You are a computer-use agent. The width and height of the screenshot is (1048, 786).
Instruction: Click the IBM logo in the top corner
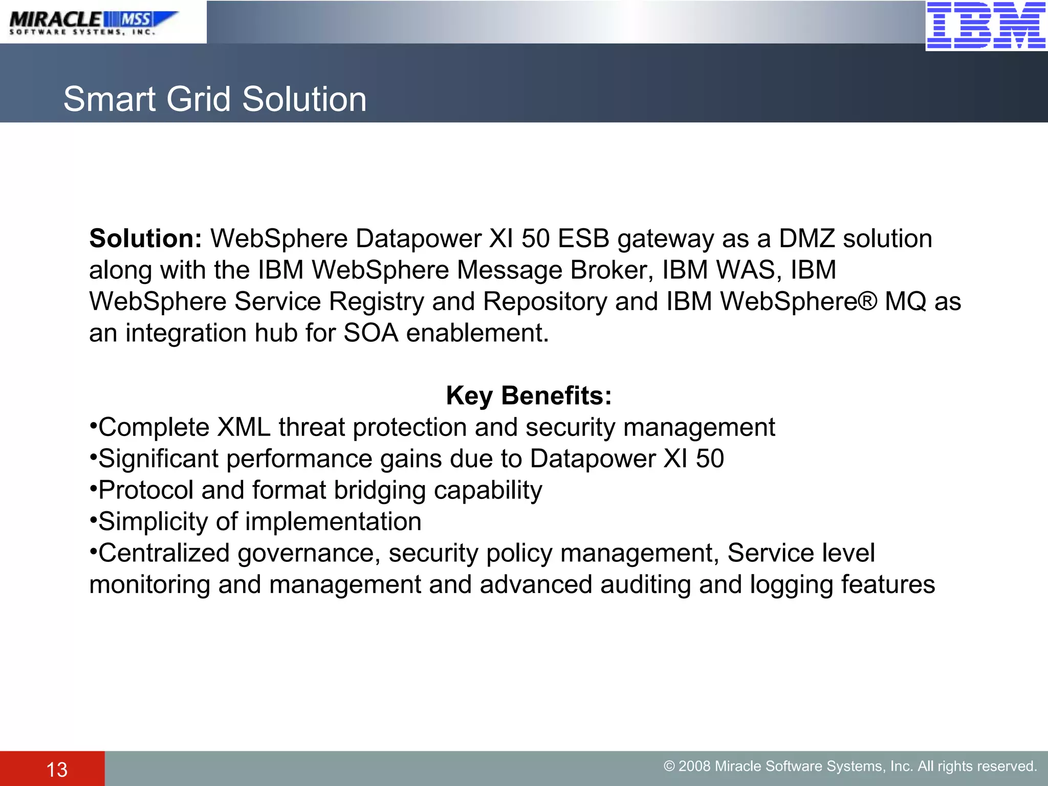[986, 25]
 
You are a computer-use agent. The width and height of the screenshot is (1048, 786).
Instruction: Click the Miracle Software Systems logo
[94, 23]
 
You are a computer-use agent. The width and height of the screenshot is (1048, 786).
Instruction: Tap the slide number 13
[57, 770]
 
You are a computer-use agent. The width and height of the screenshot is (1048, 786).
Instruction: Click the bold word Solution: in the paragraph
[146, 238]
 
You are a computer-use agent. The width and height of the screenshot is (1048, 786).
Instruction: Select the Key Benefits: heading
[529, 396]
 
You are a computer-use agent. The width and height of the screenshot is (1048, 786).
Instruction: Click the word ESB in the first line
[583, 238]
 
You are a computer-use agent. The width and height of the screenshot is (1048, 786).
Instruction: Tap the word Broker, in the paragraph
[612, 270]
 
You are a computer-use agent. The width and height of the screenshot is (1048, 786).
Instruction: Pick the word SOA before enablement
[371, 333]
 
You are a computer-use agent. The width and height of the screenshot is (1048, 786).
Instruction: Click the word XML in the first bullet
[244, 427]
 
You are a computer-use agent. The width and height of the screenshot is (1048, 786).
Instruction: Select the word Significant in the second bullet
[159, 458]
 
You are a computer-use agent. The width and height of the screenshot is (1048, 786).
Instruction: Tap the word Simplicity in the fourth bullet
[153, 521]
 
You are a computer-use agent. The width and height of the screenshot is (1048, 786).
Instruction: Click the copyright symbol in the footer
[669, 766]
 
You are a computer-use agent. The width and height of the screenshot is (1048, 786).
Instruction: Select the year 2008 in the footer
[694, 766]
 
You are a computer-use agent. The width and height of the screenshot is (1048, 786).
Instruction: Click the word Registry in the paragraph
[377, 301]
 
